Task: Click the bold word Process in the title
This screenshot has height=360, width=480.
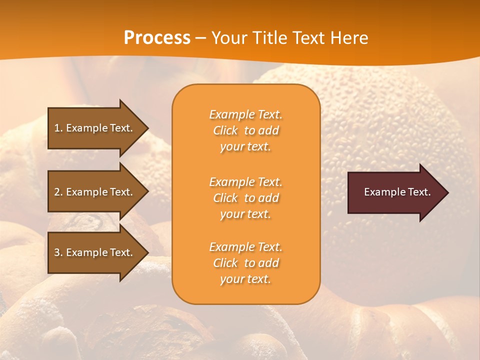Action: tap(157, 38)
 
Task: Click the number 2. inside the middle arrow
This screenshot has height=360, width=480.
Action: tap(58, 192)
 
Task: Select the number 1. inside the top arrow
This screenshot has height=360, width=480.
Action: tap(58, 128)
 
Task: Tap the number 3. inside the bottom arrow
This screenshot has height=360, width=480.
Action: tap(58, 252)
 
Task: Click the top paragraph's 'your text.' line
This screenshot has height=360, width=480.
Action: tap(245, 147)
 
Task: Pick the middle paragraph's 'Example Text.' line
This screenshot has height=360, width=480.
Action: tap(245, 182)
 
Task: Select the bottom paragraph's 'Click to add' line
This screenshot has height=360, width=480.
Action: tap(245, 263)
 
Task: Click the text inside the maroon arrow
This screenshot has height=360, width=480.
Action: tap(397, 192)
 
